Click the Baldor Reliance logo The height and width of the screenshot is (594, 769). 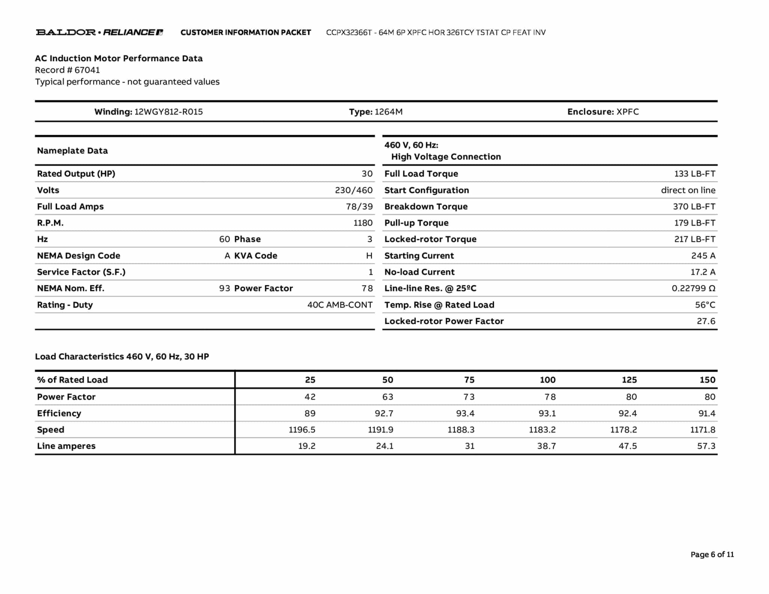(x=99, y=32)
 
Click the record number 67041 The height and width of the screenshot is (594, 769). (x=87, y=70)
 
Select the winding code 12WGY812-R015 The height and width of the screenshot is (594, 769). (x=168, y=112)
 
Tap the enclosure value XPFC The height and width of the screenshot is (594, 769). (x=627, y=112)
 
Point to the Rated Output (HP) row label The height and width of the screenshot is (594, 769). (x=76, y=173)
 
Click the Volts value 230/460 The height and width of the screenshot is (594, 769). (x=354, y=190)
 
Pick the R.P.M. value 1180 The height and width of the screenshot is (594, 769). (x=363, y=223)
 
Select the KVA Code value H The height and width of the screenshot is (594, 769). (x=369, y=256)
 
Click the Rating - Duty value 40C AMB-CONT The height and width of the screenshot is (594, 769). (x=340, y=305)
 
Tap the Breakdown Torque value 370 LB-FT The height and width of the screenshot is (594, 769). (x=694, y=207)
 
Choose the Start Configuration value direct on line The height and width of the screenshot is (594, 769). (x=688, y=190)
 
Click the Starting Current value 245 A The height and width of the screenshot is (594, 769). (x=703, y=256)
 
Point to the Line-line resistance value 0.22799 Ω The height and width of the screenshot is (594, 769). (x=693, y=288)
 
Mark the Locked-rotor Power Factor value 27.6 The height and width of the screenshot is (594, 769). (x=706, y=321)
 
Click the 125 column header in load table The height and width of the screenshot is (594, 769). (x=629, y=380)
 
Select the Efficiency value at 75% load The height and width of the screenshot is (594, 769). (x=465, y=413)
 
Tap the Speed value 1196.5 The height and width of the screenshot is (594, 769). (x=302, y=430)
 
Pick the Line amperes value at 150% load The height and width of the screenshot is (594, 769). (x=706, y=446)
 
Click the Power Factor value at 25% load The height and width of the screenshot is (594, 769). (x=310, y=397)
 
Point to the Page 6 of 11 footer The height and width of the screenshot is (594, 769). (x=712, y=555)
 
